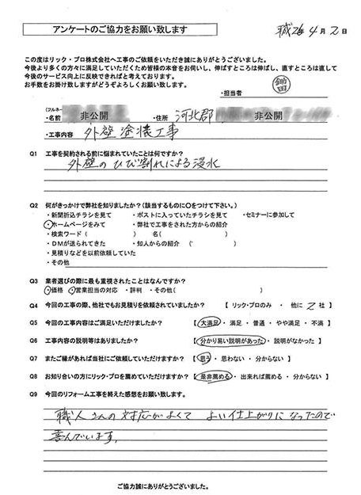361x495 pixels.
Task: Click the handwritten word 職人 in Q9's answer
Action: pos(51,417)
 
